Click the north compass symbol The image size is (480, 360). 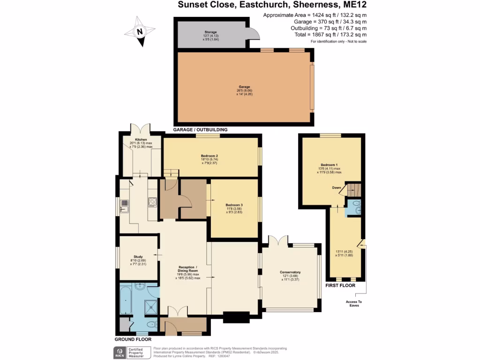(139, 32)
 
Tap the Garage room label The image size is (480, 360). (244, 87)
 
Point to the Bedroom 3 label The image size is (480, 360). (234, 205)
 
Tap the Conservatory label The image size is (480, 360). (290, 272)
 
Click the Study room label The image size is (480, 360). (138, 256)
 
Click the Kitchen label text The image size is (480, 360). (141, 140)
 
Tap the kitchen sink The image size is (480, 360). (125, 203)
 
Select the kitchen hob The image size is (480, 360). (152, 202)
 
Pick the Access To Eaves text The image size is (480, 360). (354, 303)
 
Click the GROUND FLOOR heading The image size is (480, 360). (133, 339)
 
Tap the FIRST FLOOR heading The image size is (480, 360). (341, 285)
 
